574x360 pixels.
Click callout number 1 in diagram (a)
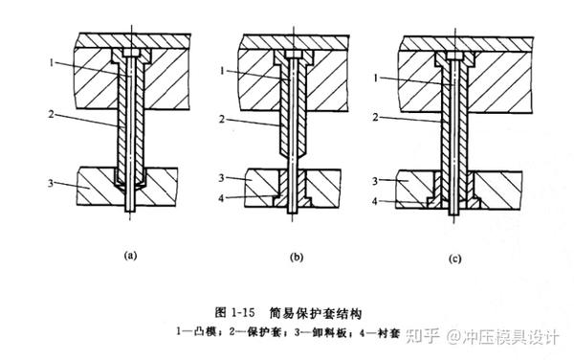[x=52, y=63]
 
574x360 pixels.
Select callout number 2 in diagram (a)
[x=52, y=115]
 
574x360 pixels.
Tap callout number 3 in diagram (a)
[x=51, y=182]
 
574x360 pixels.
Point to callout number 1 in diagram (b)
[x=222, y=70]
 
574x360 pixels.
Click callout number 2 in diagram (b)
[x=222, y=119]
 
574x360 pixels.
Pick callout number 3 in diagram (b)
[x=222, y=178]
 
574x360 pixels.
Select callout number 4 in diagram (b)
[x=221, y=198]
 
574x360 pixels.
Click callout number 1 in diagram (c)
[x=376, y=78]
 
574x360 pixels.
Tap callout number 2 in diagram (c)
[x=376, y=117]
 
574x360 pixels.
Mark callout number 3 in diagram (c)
[x=375, y=181]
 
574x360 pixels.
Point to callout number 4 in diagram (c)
[x=375, y=201]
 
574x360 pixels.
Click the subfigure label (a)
[x=130, y=256]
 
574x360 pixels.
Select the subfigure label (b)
[x=297, y=258]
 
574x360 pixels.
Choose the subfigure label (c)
[x=455, y=259]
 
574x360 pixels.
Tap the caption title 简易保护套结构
[x=316, y=313]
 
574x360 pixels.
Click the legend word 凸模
[x=204, y=332]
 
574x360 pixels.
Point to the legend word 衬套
[x=388, y=333]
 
